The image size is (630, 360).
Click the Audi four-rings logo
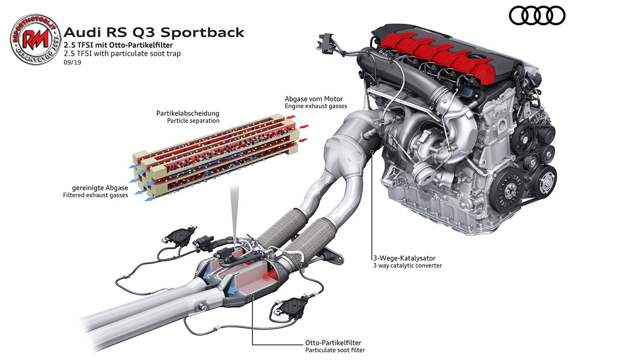click(x=537, y=16)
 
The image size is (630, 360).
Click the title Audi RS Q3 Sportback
click(x=155, y=33)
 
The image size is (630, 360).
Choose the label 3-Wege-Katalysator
click(x=404, y=258)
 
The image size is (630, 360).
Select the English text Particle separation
click(x=193, y=120)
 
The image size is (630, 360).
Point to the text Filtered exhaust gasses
click(x=95, y=195)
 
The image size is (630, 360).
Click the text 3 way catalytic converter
click(x=407, y=266)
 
